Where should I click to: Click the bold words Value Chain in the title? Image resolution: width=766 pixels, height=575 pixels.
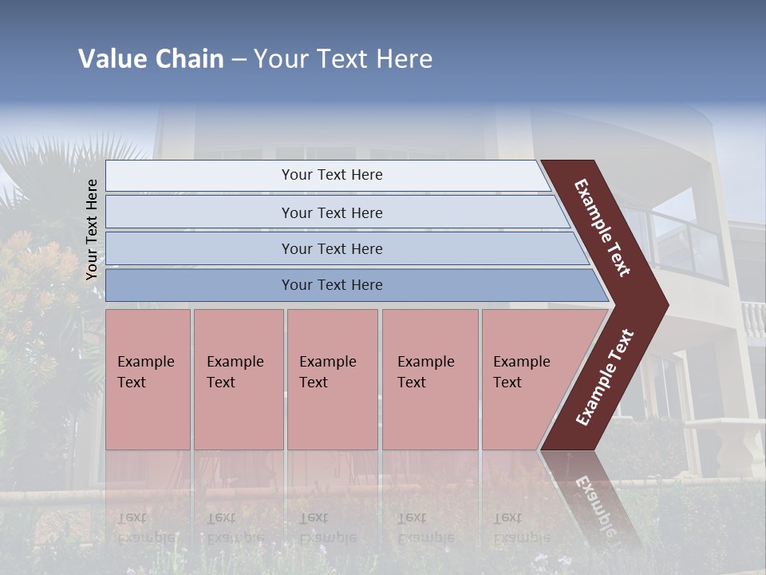[151, 59]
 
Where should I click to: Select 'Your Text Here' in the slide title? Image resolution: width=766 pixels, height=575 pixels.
[343, 59]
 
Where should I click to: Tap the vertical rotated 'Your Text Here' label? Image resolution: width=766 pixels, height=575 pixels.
[92, 229]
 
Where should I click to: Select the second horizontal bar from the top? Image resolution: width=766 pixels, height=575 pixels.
[331, 212]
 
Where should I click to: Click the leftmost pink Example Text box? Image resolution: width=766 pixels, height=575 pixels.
[148, 379]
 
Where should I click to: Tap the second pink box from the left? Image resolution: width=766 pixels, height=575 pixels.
[238, 379]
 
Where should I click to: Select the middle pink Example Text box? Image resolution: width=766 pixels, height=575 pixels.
[332, 379]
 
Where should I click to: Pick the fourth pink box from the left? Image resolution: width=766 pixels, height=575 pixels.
[430, 379]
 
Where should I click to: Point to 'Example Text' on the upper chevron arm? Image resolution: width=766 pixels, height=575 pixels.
[602, 228]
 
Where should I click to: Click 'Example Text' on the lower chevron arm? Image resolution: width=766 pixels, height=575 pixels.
[605, 378]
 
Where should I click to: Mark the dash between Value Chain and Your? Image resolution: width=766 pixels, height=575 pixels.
[239, 60]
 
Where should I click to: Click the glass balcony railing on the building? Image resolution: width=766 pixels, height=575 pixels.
[686, 240]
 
